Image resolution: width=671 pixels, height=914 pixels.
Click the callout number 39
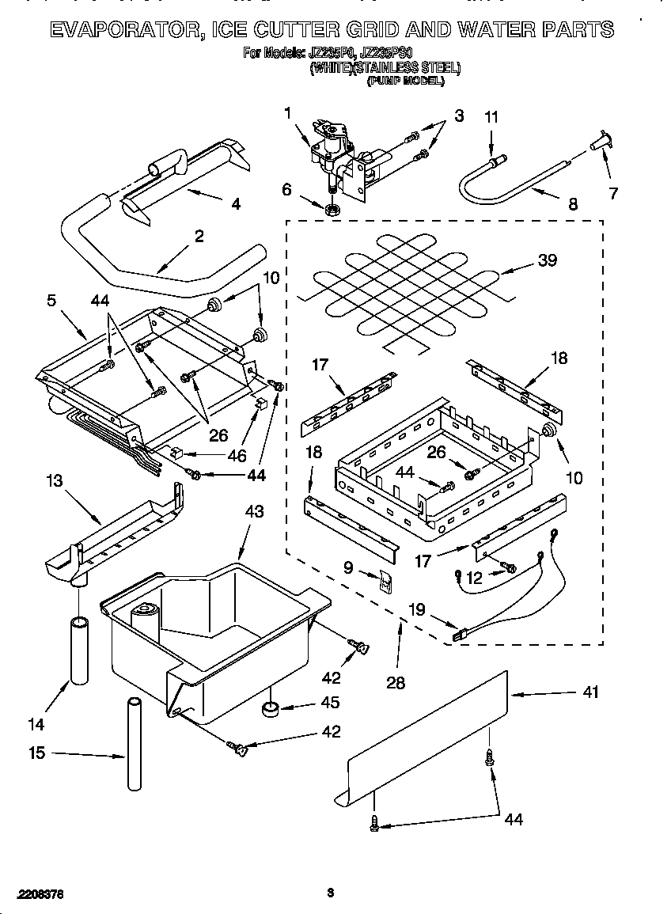pos(548,261)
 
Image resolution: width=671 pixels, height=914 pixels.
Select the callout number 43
pos(255,512)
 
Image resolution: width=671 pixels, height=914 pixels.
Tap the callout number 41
pos(590,692)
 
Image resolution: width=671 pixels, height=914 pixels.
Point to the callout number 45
pos(331,702)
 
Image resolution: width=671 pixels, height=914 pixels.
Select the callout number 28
pos(396,682)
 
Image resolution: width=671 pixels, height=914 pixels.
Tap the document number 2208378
pos(38,893)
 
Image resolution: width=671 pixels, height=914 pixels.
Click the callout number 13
pos(54,480)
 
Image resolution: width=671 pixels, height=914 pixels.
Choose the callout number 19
pos(416,609)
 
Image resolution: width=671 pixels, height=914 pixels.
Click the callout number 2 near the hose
pos(199,235)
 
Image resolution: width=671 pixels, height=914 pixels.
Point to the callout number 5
pos(51,300)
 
